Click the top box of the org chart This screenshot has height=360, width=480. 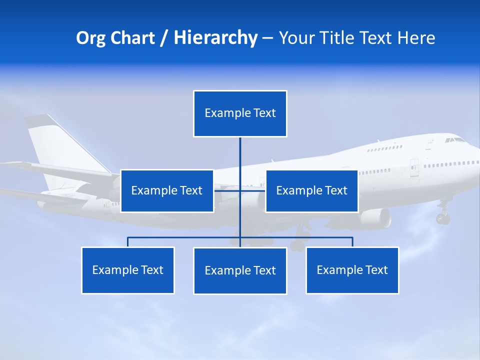pos(240,113)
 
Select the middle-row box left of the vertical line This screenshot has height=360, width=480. pos(167,190)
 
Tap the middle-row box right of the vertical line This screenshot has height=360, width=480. pos(311,190)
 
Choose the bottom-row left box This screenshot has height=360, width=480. pos(128,270)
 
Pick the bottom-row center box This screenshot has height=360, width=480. pos(240,270)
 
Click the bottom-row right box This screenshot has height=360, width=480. pos(352,270)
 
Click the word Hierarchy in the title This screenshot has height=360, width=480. pos(215,38)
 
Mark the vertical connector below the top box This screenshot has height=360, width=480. pos(240,160)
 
